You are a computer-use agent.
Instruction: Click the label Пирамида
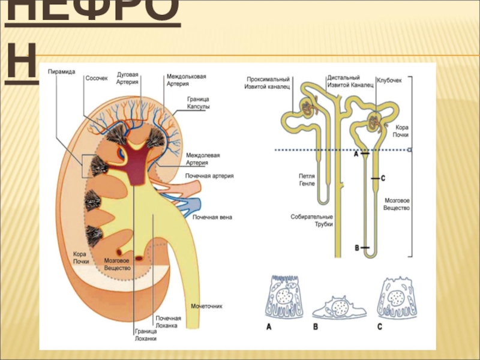point(62,71)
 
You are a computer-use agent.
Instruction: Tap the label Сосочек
point(97,78)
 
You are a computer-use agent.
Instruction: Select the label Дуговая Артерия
point(128,78)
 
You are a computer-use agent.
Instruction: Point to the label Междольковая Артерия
point(187,80)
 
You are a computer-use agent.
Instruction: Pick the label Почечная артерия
point(209,176)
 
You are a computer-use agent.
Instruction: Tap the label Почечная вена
point(212,217)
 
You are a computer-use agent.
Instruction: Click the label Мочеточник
point(206,306)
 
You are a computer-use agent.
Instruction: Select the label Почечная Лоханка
point(168,322)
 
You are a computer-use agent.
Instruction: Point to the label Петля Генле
point(307,179)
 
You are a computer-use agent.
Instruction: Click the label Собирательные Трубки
point(311,220)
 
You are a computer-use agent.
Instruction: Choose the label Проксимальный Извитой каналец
point(268,82)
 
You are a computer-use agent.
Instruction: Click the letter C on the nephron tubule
point(383,178)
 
